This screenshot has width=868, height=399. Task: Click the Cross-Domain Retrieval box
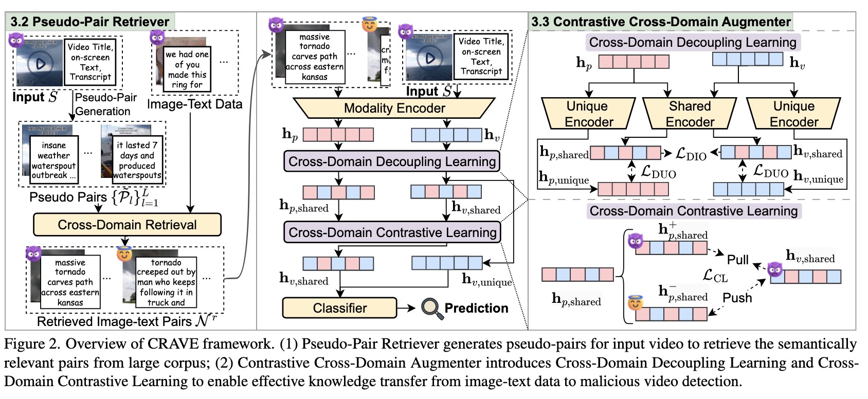(x=127, y=225)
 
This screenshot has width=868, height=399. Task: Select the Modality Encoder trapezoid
(x=394, y=108)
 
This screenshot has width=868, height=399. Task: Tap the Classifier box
(x=339, y=308)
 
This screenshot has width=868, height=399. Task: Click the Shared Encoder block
(x=690, y=114)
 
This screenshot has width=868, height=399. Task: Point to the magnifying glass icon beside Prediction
(x=431, y=308)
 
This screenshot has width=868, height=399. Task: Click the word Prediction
(x=476, y=308)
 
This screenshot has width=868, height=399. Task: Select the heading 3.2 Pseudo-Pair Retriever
(x=90, y=22)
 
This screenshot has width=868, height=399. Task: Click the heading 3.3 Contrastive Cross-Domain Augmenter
(x=661, y=22)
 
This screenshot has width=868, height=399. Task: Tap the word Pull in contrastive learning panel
(x=737, y=260)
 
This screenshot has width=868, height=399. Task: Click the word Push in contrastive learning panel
(x=737, y=298)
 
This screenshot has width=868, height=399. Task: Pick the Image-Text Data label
(x=194, y=104)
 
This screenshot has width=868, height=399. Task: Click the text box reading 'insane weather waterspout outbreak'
(x=53, y=160)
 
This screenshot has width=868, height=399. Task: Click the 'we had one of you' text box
(x=187, y=69)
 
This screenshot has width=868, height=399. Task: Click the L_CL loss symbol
(x=715, y=276)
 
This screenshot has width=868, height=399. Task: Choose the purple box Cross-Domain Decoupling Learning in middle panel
(x=392, y=161)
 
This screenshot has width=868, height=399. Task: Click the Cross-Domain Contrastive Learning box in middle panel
(x=392, y=232)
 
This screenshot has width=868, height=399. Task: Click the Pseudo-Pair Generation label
(x=105, y=104)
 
